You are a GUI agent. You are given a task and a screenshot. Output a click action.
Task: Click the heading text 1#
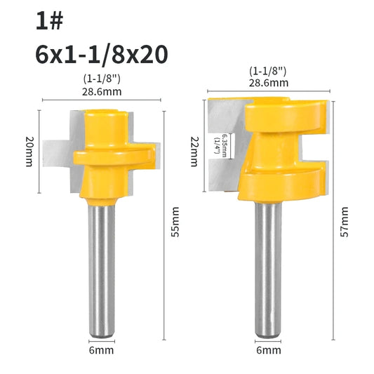49,21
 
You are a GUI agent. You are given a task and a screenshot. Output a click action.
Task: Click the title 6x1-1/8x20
102,55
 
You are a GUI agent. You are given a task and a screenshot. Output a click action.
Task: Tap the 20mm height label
29,152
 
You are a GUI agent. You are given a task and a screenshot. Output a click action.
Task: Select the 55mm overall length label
175,222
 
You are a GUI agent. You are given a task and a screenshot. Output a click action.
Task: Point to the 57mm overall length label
345,222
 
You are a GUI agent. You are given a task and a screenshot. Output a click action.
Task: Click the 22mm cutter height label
195,152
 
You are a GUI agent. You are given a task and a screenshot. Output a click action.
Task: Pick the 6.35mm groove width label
225,145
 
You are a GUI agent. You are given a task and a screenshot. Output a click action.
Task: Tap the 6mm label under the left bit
101,350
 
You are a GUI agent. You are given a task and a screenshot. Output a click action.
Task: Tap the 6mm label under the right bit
269,350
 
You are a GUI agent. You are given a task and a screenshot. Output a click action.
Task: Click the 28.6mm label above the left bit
102,92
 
